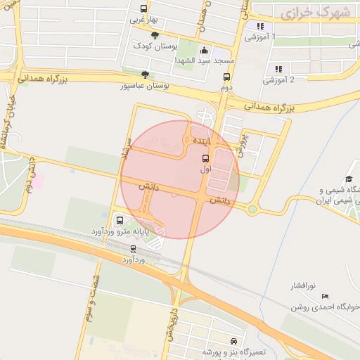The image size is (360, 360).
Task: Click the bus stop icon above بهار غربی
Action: pyautogui.click(x=144, y=9)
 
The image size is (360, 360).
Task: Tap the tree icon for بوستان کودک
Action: pyautogui.click(x=155, y=35)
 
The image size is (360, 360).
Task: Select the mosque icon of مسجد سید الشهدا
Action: pyautogui.click(x=205, y=50)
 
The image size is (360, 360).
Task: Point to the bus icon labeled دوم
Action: pyautogui.click(x=226, y=77)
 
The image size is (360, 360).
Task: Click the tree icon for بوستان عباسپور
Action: pyautogui.click(x=145, y=74)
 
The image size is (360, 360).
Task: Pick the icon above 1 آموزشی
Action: pyautogui.click(x=260, y=26)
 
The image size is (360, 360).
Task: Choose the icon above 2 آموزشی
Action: pyautogui.click(x=278, y=69)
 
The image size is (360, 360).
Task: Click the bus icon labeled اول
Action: pyautogui.click(x=205, y=158)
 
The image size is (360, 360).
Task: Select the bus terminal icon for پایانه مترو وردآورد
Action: pyautogui.click(x=118, y=219)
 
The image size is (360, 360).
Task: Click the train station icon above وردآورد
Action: pyautogui.click(x=134, y=249)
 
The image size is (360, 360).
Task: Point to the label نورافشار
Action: pyautogui.click(x=304, y=286)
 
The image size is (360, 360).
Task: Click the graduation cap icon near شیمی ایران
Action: pyautogui.click(x=348, y=180)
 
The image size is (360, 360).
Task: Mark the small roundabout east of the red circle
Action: pyautogui.click(x=252, y=208)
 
